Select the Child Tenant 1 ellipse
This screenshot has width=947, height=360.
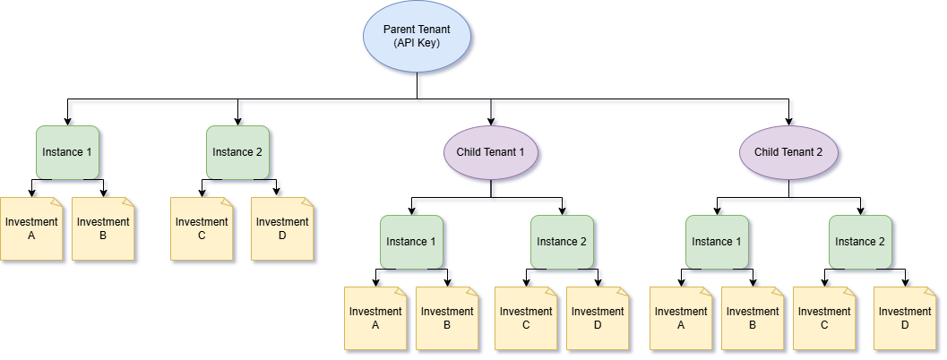point(490,152)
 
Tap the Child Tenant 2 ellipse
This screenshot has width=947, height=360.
point(788,152)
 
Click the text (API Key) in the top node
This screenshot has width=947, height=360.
point(417,43)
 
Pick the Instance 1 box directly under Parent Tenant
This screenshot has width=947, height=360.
point(67,152)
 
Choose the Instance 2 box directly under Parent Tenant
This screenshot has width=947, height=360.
point(237,152)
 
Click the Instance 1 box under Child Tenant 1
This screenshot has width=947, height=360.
point(411,242)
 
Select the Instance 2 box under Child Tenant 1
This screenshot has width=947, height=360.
point(562,242)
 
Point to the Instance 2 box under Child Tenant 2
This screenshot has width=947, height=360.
point(860,242)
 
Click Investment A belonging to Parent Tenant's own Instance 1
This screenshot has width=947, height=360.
point(31,229)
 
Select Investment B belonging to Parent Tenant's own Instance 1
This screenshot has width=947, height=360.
point(103,229)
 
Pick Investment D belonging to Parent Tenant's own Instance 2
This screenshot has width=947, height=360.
point(282,229)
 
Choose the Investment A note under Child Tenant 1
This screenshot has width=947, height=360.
point(375,319)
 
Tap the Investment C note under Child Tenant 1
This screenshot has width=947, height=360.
point(526,319)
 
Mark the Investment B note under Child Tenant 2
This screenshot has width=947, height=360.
point(753,319)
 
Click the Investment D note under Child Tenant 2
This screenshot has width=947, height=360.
point(905,319)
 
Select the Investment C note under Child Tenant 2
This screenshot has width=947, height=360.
point(824,319)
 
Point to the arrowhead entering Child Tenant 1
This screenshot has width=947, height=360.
point(490,120)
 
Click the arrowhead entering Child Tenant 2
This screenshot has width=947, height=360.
point(788,120)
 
